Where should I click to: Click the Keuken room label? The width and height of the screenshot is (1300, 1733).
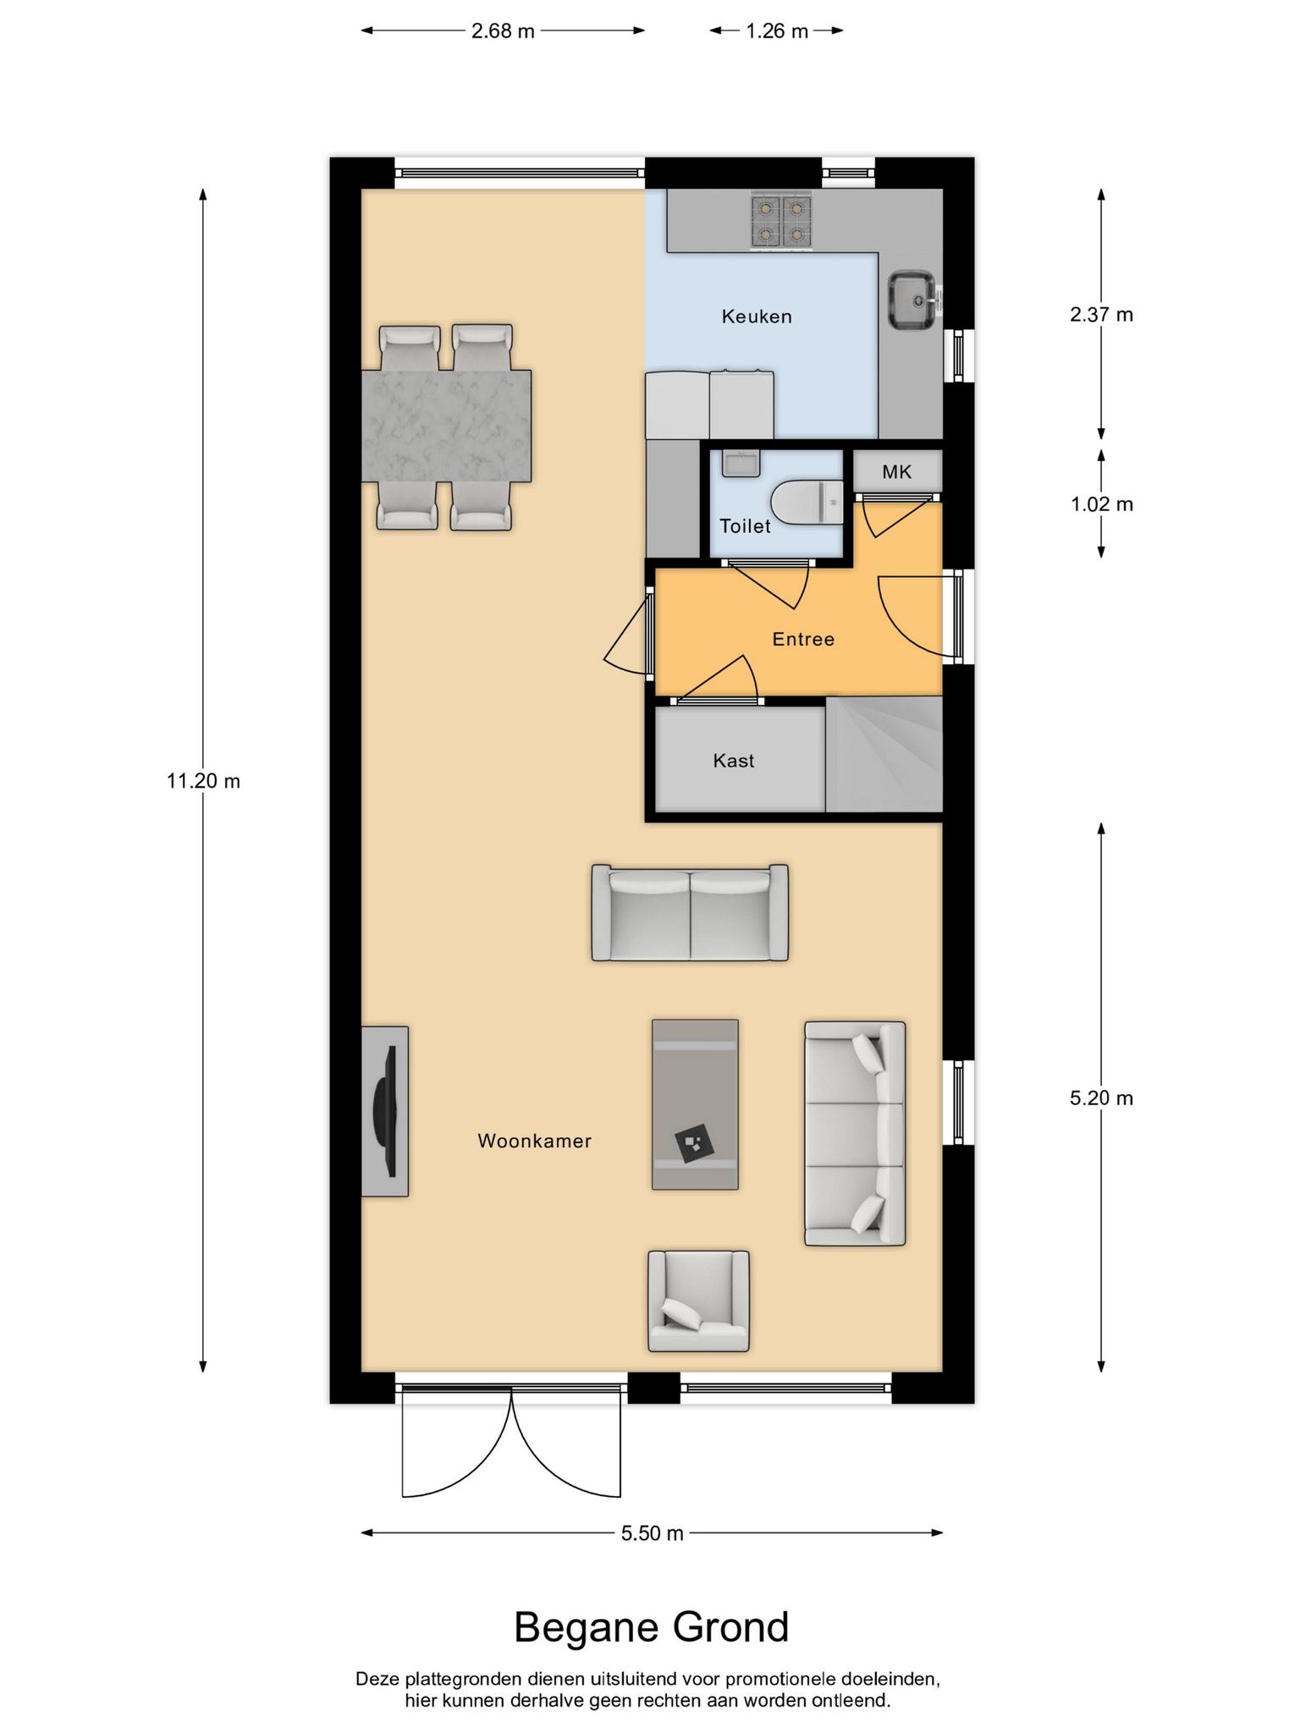(x=757, y=316)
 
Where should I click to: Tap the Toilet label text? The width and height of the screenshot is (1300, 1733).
(x=745, y=526)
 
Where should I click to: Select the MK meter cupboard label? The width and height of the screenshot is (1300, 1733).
(x=896, y=472)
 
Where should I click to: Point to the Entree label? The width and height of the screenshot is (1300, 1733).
(x=803, y=639)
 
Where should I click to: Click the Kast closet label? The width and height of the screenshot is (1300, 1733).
(x=734, y=761)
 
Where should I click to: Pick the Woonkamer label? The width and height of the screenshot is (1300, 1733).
(x=534, y=1141)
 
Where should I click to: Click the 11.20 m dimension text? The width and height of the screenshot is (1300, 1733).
(x=203, y=781)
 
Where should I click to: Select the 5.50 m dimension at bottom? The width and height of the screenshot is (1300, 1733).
(x=652, y=1532)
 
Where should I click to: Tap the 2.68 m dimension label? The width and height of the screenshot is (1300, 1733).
(x=503, y=31)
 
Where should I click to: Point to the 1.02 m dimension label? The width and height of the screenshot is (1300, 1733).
(x=1101, y=504)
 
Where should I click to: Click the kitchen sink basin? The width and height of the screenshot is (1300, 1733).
(x=912, y=300)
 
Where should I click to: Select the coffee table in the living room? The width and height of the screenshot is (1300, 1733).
(x=695, y=1104)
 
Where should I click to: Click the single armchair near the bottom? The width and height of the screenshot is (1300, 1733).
(x=698, y=1301)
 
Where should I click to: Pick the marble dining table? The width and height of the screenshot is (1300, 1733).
(x=446, y=426)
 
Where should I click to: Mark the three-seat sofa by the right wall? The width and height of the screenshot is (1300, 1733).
(x=855, y=1134)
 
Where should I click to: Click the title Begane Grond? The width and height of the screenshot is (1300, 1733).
(x=652, y=1627)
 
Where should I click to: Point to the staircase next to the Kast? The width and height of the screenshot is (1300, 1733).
(x=884, y=754)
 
